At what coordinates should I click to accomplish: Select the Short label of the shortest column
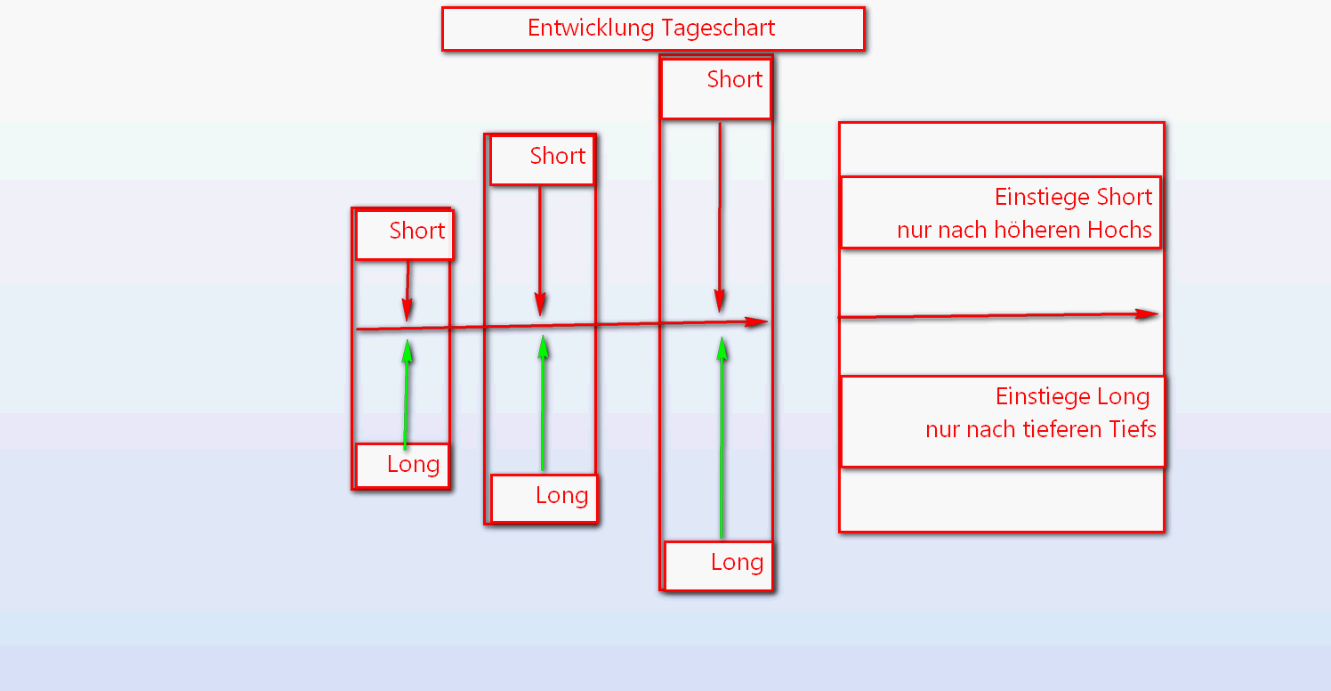pos(416,232)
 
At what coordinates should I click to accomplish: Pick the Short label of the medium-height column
pos(558,157)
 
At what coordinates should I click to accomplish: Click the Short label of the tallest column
pos(735,80)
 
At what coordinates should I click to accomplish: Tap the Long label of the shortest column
pos(413,465)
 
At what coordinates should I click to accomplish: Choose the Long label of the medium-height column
pos(561,496)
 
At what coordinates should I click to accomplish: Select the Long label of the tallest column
pos(737,563)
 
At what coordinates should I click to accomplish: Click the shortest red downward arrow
pos(407,289)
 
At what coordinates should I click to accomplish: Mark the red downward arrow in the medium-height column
pos(539,250)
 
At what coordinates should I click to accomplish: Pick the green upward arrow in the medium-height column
pos(543,402)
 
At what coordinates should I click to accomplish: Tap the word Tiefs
pos(1132,430)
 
